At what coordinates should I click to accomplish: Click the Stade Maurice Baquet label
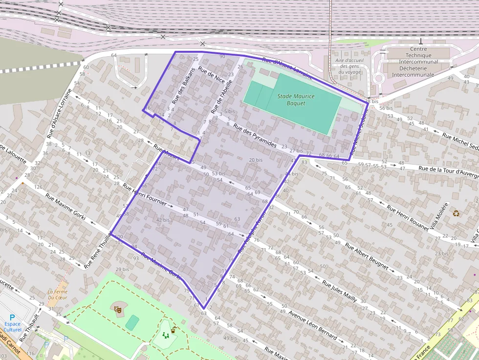pyautogui.click(x=296, y=100)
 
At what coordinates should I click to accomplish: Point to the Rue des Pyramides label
pyautogui.click(x=255, y=135)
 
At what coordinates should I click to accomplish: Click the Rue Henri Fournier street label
pyautogui.click(x=145, y=195)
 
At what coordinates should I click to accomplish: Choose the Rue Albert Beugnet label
pyautogui.click(x=367, y=256)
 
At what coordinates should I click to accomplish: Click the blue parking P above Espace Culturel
pyautogui.click(x=12, y=317)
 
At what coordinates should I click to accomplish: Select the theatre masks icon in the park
pyautogui.click(x=117, y=309)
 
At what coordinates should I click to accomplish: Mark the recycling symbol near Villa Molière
pyautogui.click(x=456, y=213)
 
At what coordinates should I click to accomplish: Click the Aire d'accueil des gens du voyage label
pyautogui.click(x=349, y=66)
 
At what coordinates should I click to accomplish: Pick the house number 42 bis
pyautogui.click(x=163, y=220)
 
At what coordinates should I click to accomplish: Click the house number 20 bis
pyautogui.click(x=256, y=160)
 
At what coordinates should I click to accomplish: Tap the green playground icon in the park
pyautogui.click(x=166, y=335)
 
